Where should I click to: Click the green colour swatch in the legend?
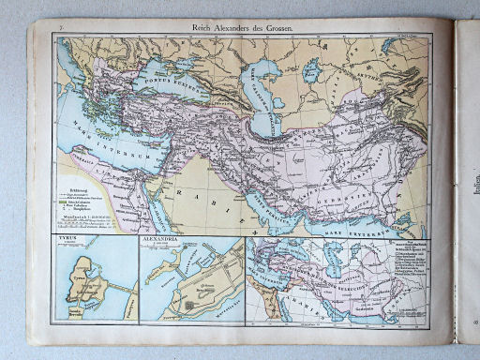(64, 202)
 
